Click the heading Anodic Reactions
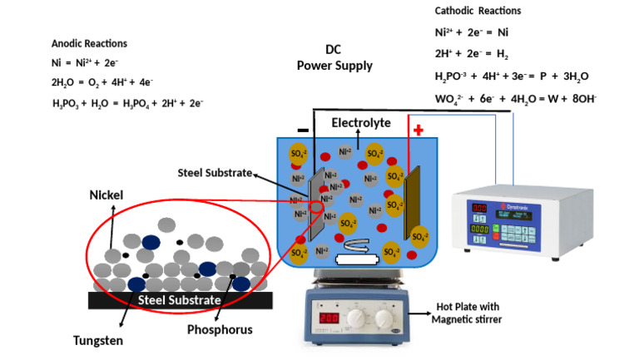(x=89, y=43)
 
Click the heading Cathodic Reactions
(x=478, y=11)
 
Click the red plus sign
(x=418, y=131)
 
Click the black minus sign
(x=302, y=131)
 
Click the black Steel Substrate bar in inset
(x=180, y=299)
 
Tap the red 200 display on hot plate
(x=330, y=318)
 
